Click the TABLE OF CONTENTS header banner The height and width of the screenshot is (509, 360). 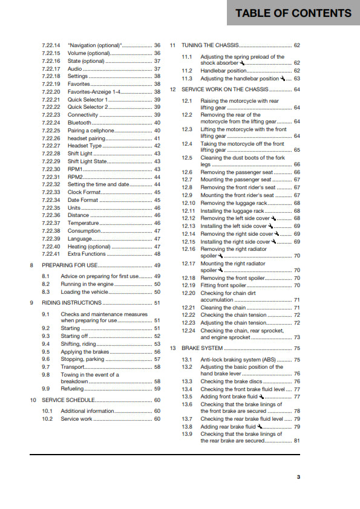click(293, 13)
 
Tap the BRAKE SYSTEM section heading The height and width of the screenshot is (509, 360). click(202, 348)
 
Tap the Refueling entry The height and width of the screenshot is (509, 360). click(73, 389)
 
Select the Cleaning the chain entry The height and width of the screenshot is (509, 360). click(223, 308)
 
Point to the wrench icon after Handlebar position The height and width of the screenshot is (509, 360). click(250, 71)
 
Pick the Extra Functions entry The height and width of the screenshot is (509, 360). click(86, 254)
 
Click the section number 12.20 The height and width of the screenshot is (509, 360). click(189, 293)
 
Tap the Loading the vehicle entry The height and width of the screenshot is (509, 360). click(84, 291)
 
